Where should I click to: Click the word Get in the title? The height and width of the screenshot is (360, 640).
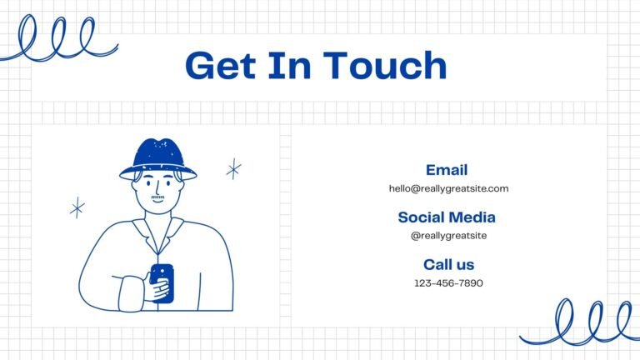(x=221, y=65)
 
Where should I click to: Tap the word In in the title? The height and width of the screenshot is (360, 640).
(x=289, y=65)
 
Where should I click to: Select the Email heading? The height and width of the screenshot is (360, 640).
(x=447, y=170)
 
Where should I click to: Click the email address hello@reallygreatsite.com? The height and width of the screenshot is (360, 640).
(x=448, y=188)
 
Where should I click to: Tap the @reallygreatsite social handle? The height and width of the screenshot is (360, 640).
(x=448, y=236)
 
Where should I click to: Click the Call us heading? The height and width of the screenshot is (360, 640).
(x=448, y=264)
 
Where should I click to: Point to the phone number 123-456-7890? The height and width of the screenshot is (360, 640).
(x=448, y=282)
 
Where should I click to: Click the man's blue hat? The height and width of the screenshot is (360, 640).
(x=158, y=159)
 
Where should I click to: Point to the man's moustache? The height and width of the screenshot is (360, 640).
(x=157, y=197)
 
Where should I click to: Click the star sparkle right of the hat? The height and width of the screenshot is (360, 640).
(x=234, y=168)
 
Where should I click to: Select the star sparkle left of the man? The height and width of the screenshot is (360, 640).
(x=77, y=207)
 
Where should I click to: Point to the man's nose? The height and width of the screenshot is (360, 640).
(x=157, y=188)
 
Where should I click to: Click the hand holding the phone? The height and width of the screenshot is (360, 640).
(x=157, y=287)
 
